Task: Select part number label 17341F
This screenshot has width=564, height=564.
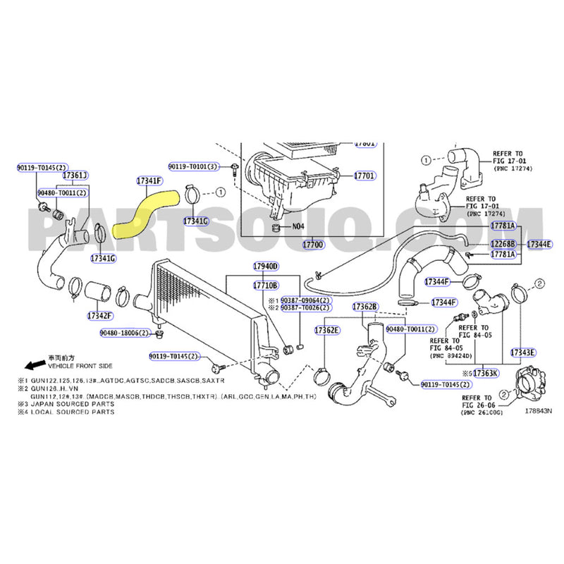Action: click(149, 180)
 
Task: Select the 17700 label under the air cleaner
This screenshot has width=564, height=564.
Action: click(313, 244)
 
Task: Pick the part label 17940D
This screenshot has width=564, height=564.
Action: click(266, 266)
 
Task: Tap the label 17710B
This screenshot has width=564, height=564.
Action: click(266, 285)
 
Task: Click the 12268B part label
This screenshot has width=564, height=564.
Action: click(503, 243)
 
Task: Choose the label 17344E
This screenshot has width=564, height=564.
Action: click(539, 243)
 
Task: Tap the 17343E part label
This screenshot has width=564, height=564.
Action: click(522, 352)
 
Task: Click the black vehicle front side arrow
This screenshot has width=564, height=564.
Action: click(32, 365)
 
